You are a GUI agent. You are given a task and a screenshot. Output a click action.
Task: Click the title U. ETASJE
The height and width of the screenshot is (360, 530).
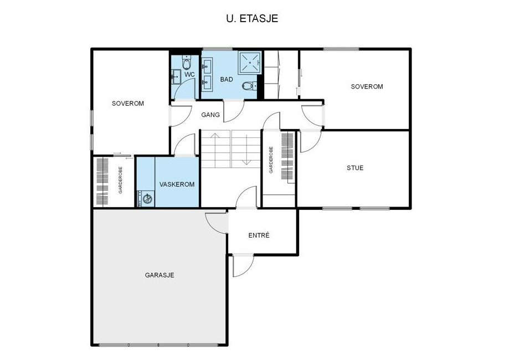[x=252, y=18]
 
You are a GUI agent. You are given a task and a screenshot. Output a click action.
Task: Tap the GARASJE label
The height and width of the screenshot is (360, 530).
[x=159, y=275]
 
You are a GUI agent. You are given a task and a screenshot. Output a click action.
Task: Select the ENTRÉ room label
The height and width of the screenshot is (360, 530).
[x=259, y=235]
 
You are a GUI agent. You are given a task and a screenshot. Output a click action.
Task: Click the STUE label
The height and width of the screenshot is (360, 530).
[x=355, y=168]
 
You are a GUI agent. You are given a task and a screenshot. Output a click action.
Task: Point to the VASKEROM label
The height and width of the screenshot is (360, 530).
[x=177, y=184]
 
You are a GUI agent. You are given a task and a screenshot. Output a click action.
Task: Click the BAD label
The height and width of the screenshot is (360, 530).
[x=227, y=79]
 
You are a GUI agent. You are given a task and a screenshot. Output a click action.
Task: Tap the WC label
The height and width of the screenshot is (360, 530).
[x=189, y=74]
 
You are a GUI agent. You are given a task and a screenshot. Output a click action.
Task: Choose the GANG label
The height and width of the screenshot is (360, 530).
[x=210, y=115]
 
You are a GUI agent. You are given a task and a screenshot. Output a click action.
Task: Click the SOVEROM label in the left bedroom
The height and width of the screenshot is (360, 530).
[x=128, y=104]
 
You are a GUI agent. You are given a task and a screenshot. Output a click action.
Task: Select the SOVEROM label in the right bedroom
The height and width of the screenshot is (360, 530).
[x=367, y=86]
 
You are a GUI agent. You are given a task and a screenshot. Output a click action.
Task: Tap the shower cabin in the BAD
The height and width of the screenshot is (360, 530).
[x=249, y=63]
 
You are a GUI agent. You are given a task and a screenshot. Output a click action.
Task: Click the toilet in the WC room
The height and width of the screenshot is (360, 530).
[x=187, y=62]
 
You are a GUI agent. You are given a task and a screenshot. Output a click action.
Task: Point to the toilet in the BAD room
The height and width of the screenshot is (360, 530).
[x=249, y=86]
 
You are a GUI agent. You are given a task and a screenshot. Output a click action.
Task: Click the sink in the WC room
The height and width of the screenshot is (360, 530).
[x=176, y=77]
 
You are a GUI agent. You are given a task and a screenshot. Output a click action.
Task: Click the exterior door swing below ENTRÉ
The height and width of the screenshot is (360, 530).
[x=243, y=266]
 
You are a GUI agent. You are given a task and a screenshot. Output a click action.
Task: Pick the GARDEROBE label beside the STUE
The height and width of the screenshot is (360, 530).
[x=271, y=160]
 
